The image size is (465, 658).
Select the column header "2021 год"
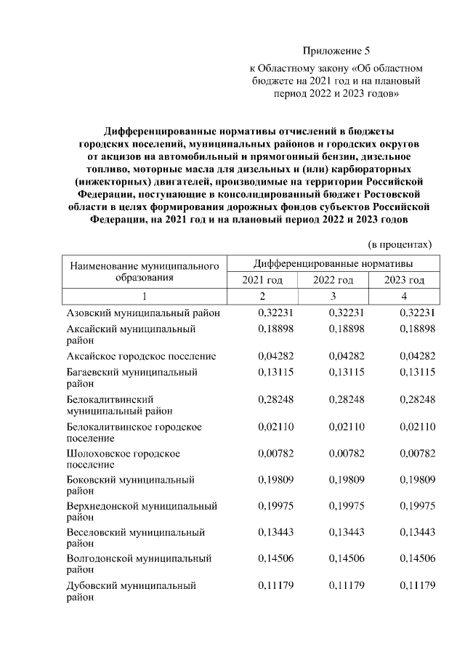[262, 281]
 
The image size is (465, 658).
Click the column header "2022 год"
[333, 281]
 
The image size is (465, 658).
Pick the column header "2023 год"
[403, 281]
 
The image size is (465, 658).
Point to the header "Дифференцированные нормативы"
[333, 262]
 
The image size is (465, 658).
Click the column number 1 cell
[144, 296]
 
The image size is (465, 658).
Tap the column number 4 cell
[403, 296]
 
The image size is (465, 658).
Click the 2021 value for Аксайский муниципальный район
[275, 329]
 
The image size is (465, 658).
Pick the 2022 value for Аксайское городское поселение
[346, 356]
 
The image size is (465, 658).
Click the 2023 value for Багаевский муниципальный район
[417, 372]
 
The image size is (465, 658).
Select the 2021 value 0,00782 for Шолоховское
[275, 453]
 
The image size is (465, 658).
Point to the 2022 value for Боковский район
[346, 480]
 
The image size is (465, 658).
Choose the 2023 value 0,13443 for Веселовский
[417, 533]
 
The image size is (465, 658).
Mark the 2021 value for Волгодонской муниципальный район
[275, 559]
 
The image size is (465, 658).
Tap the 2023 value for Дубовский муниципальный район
[417, 585]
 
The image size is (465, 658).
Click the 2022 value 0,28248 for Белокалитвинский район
[346, 399]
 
